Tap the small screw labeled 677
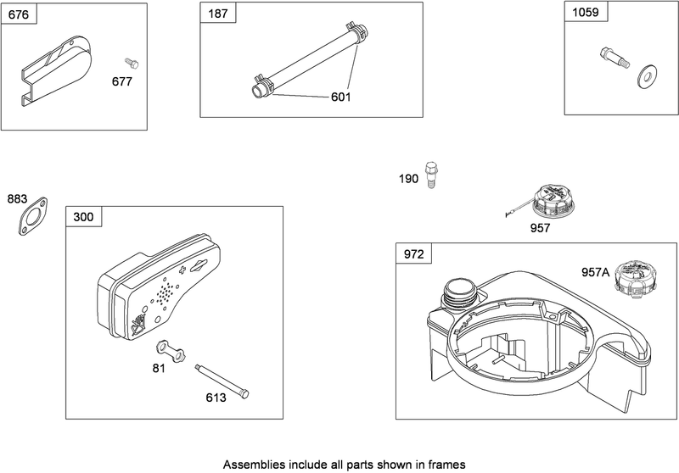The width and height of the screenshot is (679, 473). tap(131, 63)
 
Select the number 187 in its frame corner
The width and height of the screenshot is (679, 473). tap(218, 14)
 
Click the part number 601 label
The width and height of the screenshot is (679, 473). tap(341, 97)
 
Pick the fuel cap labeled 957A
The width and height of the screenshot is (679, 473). tap(633, 278)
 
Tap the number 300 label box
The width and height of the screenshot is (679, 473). tap(83, 217)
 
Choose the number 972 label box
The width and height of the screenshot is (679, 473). tap(414, 253)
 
